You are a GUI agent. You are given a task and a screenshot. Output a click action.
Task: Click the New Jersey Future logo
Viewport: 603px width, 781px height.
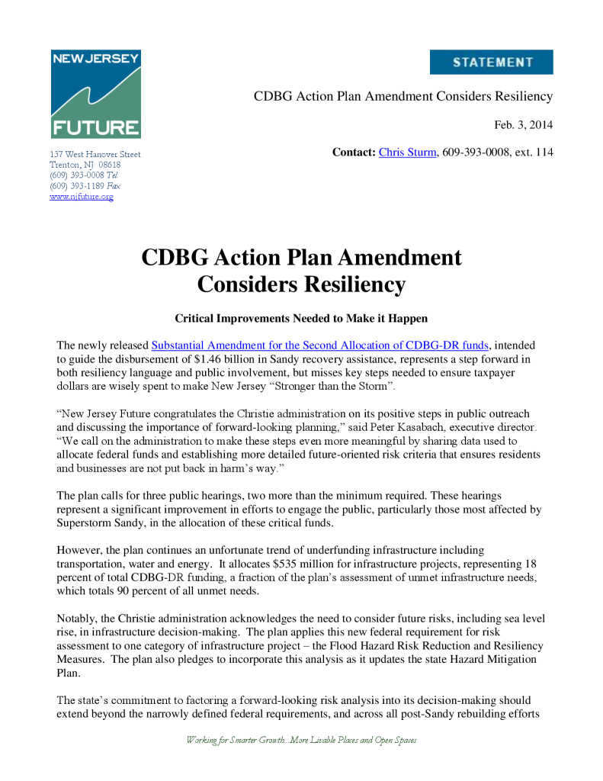(95, 94)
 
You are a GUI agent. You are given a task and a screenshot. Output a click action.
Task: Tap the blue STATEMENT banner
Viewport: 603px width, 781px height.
(491, 63)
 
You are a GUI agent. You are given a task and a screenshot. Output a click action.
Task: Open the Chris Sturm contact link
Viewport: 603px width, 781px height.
(407, 153)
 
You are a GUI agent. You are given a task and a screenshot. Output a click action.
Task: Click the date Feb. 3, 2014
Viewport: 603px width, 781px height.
(524, 125)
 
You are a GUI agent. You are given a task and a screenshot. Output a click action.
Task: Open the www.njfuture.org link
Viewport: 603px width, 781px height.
(82, 197)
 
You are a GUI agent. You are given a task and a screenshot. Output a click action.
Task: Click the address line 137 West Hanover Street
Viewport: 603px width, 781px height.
(95, 154)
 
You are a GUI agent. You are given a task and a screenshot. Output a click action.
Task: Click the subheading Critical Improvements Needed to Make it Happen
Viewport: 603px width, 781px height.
(301, 317)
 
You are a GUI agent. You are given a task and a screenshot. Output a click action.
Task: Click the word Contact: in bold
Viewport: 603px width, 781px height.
(354, 153)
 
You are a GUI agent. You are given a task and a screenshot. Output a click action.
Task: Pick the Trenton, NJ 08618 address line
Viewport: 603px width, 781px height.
(85, 165)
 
